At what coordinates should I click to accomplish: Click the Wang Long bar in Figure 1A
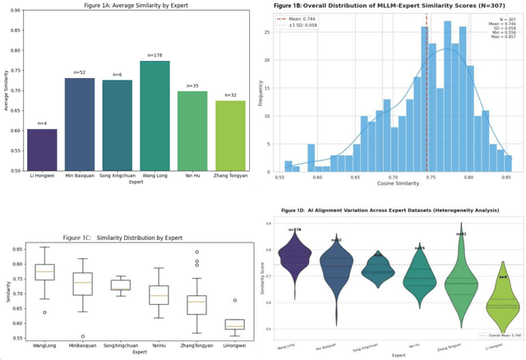click(x=154, y=116)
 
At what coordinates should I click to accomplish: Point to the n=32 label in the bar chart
click(x=231, y=95)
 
